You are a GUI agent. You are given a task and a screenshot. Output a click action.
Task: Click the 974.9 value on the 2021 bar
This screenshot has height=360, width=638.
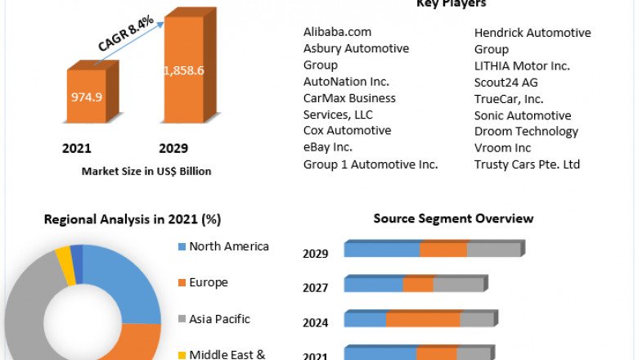click(x=87, y=97)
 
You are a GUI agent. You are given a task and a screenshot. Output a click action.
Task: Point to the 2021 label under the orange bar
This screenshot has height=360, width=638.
click(x=77, y=148)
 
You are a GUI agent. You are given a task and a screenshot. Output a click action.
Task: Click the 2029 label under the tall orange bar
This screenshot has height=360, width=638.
click(x=173, y=148)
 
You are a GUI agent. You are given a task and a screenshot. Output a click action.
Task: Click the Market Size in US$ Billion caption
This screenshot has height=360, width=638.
click(x=146, y=172)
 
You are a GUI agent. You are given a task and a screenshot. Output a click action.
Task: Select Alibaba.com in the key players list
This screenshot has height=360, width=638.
click(x=337, y=32)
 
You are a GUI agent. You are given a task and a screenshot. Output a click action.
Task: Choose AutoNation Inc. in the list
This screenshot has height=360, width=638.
click(x=346, y=81)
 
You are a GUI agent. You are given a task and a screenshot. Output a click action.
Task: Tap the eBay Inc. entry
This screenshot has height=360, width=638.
click(x=327, y=147)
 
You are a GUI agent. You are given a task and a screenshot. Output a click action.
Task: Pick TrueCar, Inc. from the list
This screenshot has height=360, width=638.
click(x=509, y=98)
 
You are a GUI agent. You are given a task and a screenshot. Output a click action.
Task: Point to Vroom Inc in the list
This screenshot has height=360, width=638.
click(x=502, y=147)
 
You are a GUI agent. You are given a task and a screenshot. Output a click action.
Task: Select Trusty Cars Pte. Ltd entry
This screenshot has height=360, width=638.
click(x=527, y=164)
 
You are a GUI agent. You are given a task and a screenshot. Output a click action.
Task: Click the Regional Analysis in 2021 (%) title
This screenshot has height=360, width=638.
click(x=133, y=219)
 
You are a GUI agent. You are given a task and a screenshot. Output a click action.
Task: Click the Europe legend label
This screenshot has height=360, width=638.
click(x=209, y=282)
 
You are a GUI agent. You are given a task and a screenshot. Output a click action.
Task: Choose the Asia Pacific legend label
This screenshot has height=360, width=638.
click(x=219, y=319)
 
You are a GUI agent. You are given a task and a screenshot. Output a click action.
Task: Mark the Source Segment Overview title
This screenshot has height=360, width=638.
click(x=453, y=218)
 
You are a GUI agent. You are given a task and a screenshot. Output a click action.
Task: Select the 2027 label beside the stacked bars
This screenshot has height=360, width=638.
click(x=316, y=288)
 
